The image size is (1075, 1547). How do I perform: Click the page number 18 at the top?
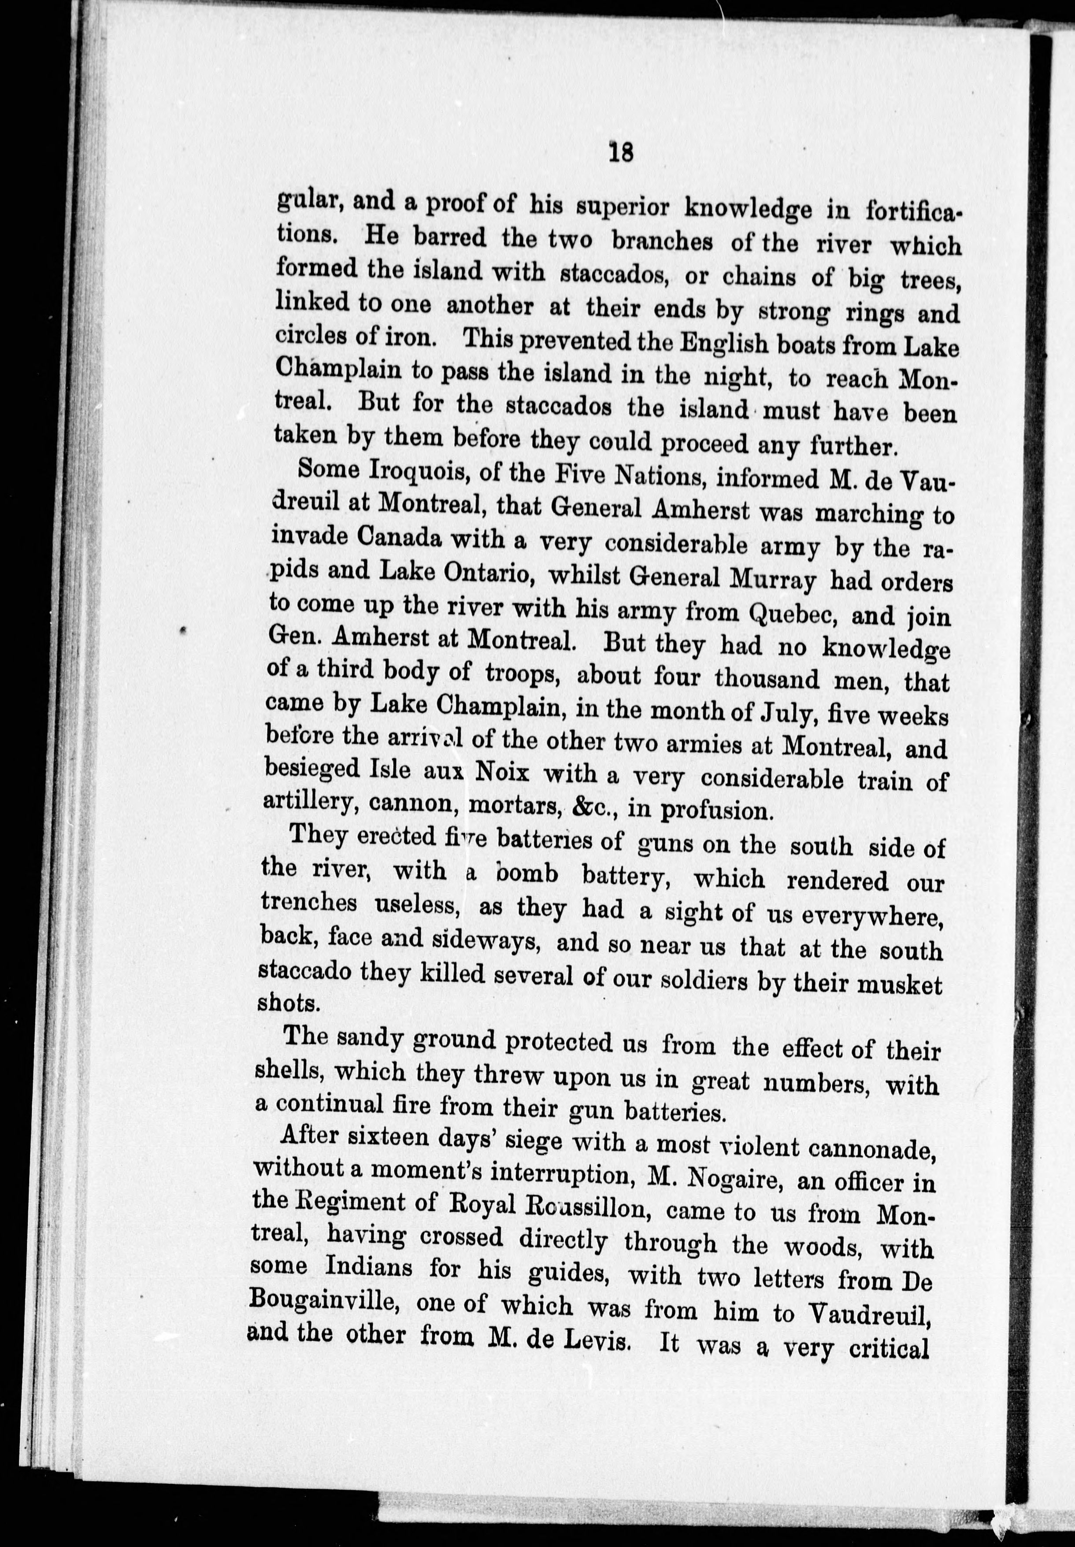pyautogui.click(x=620, y=153)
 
